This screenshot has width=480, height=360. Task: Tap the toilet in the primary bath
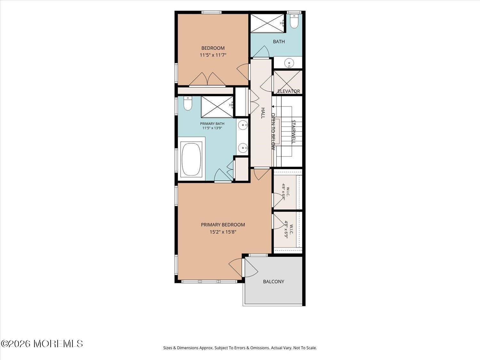point(188,103)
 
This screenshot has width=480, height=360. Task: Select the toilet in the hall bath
point(294,21)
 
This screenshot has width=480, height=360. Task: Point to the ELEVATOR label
point(289,91)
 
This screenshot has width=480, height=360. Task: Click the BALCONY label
point(274,282)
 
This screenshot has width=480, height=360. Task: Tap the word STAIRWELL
point(293,132)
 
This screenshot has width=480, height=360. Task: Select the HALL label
point(263,113)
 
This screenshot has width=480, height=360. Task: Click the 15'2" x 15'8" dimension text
point(223,232)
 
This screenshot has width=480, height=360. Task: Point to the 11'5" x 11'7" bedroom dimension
point(213,55)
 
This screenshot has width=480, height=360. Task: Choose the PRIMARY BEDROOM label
point(223,225)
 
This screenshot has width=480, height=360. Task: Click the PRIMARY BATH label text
point(212,124)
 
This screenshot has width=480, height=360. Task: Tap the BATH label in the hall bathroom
point(279,41)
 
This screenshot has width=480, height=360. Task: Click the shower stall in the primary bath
point(217,107)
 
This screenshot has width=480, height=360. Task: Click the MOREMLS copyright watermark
point(42,344)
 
